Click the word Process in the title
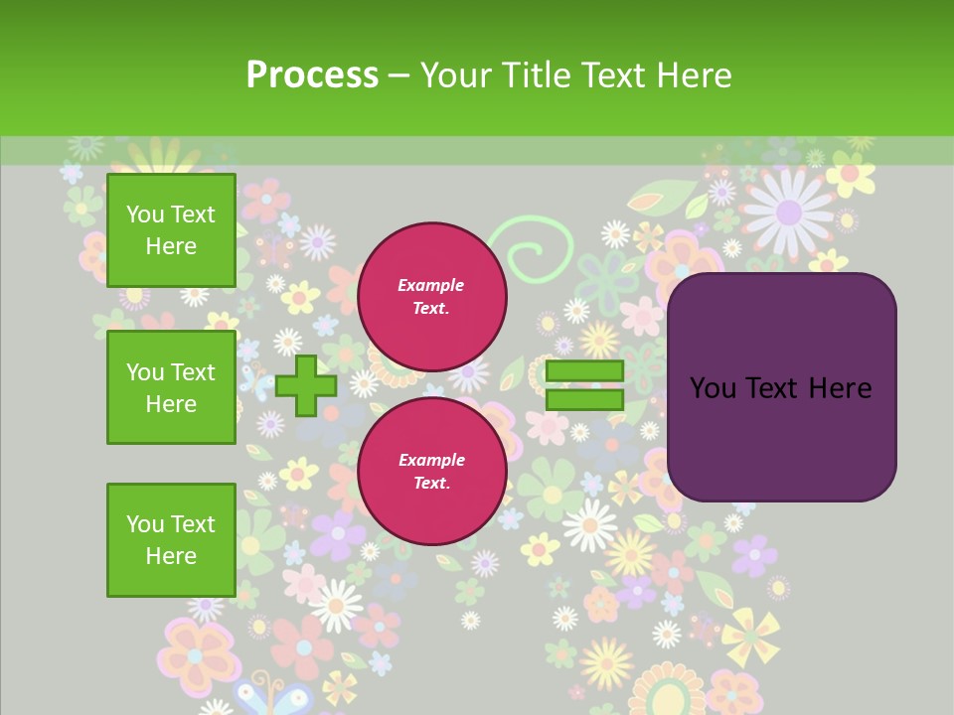point(312,75)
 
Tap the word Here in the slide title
point(694,75)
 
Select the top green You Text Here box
point(171,230)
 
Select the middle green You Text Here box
point(171,387)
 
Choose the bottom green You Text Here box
point(171,540)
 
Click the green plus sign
point(306,386)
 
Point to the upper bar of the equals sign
point(584,371)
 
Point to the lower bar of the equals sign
point(584,400)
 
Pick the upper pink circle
point(431,297)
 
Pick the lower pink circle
point(431,472)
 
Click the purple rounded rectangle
point(781,387)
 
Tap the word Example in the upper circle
point(431,285)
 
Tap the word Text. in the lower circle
point(431,484)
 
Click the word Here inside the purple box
point(841,388)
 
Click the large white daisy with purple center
point(788,211)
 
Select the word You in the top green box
point(144,214)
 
